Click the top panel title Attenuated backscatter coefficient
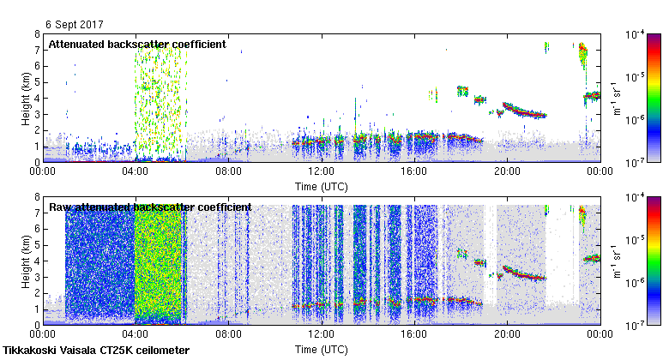(137, 44)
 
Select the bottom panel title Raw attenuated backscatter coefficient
(150, 207)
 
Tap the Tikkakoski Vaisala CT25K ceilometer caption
(96, 351)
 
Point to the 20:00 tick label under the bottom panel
(506, 334)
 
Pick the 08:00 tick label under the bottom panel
(228, 334)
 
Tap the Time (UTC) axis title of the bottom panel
(321, 350)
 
